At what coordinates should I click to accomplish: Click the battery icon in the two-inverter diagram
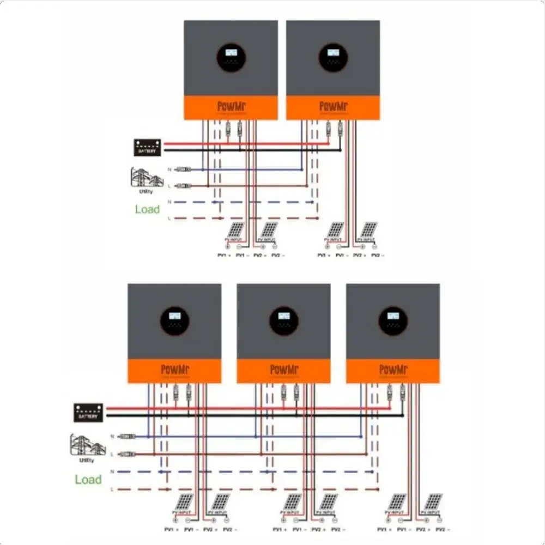coord(147,147)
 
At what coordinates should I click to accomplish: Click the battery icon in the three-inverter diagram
coord(88,412)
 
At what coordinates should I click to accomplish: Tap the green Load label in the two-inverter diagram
coord(147,209)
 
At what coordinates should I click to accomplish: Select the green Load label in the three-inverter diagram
coord(88,480)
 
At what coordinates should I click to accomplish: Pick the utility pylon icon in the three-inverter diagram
coord(87,445)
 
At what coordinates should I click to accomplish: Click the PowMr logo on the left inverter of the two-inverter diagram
coord(231,106)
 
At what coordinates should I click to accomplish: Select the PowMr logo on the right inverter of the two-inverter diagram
coord(333,106)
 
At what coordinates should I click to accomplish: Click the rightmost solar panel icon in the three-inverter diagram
coord(433,502)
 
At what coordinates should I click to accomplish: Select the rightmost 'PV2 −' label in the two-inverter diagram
coord(377,256)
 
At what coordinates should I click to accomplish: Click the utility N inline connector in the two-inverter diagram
coord(185,169)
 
